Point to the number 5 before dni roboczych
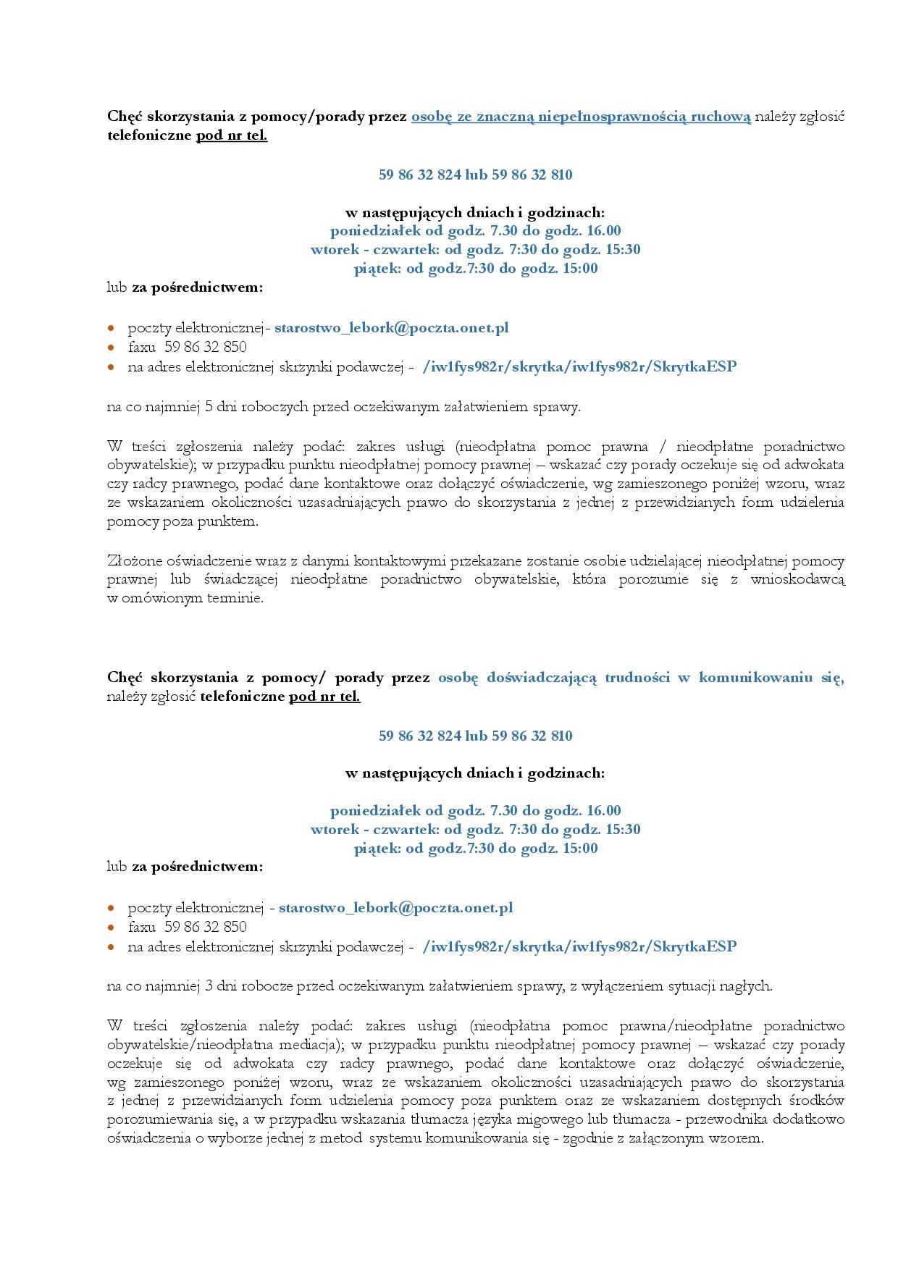point(209,407)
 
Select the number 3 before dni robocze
point(209,986)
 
